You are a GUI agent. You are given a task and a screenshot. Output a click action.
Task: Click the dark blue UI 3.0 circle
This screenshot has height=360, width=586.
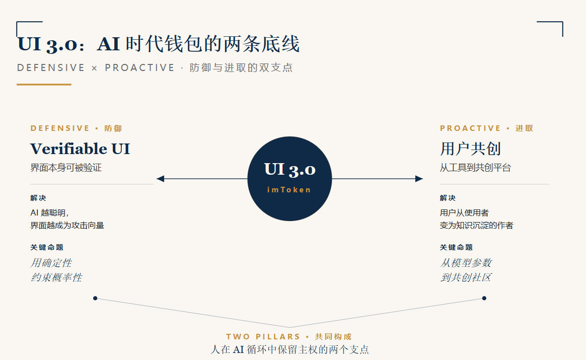click(289, 179)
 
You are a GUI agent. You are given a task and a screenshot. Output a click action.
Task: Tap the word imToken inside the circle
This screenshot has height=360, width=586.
click(289, 190)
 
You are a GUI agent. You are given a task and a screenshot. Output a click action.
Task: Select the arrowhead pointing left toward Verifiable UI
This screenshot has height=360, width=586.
click(160, 179)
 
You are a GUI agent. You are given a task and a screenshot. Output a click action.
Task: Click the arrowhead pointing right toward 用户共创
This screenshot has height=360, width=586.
click(419, 179)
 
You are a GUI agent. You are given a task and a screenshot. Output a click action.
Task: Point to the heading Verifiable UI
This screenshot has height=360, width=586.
click(80, 149)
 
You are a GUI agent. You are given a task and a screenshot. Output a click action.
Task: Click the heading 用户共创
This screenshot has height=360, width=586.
click(470, 149)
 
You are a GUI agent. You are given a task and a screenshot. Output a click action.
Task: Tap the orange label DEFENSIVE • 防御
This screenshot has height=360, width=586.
click(76, 128)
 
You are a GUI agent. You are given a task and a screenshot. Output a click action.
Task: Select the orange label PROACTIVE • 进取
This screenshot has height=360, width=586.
click(487, 128)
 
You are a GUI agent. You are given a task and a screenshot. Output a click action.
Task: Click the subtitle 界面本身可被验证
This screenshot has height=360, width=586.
click(66, 168)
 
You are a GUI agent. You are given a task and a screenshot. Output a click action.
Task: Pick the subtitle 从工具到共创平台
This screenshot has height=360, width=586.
click(475, 168)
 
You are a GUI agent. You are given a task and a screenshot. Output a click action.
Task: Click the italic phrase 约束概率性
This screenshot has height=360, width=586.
click(56, 277)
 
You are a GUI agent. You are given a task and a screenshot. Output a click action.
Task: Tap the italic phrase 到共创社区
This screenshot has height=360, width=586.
click(466, 277)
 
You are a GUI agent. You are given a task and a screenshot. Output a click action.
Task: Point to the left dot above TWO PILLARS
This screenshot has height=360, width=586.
click(95, 298)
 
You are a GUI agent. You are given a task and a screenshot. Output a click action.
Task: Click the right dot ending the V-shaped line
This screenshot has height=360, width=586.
click(484, 298)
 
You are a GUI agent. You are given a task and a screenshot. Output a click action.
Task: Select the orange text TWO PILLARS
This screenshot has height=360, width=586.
click(263, 337)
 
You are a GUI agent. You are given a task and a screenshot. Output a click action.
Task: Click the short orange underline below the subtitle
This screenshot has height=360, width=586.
click(44, 85)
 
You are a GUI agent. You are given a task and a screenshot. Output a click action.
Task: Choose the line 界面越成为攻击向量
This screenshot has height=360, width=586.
click(67, 226)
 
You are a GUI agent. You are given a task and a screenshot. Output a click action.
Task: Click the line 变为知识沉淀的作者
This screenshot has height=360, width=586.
click(476, 226)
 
